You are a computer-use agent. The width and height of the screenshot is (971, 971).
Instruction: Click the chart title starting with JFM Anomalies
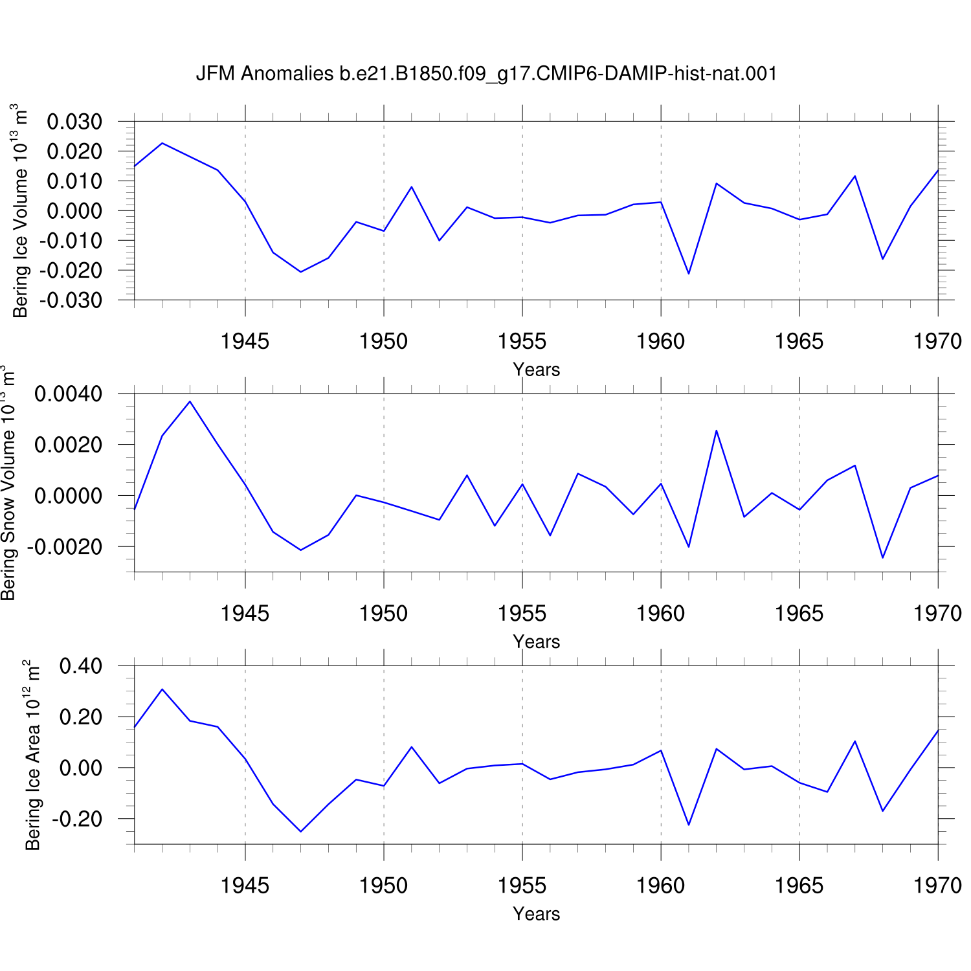click(x=486, y=74)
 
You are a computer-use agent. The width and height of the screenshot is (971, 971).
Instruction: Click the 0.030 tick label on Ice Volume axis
click(x=74, y=121)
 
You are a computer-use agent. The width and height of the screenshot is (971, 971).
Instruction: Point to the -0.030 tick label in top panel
click(x=71, y=300)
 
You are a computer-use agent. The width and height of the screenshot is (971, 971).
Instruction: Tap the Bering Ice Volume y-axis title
click(x=20, y=211)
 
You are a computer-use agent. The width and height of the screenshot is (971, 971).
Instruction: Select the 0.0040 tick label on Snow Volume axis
click(x=68, y=394)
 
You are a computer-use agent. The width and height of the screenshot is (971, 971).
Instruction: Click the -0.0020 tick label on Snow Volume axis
click(x=64, y=547)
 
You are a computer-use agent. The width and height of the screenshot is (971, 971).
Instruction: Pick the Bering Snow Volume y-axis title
click(x=8, y=483)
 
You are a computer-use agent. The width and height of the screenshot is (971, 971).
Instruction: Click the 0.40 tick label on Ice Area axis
click(x=81, y=665)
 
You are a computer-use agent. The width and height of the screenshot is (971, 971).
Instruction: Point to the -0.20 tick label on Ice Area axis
click(x=77, y=819)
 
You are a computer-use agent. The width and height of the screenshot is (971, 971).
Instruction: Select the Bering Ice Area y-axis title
click(x=32, y=755)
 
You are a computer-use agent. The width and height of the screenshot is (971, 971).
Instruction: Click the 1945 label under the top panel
click(x=245, y=341)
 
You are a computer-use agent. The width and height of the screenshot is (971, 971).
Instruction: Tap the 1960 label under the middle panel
click(x=660, y=613)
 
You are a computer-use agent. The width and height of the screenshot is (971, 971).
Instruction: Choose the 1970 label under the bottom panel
click(x=937, y=886)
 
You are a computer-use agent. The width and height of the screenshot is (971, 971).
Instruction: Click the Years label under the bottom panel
click(x=536, y=913)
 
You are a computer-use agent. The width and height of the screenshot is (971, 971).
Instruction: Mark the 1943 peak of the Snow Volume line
click(x=190, y=401)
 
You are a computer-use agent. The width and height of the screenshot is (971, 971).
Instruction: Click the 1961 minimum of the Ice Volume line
click(x=688, y=274)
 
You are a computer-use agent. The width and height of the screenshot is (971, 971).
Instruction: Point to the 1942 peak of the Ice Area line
click(x=162, y=689)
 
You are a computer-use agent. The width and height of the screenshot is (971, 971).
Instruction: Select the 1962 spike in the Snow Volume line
click(x=716, y=430)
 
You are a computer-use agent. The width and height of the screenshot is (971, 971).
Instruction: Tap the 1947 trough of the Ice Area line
click(x=300, y=831)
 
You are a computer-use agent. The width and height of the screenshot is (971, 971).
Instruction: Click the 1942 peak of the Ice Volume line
click(x=162, y=143)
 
